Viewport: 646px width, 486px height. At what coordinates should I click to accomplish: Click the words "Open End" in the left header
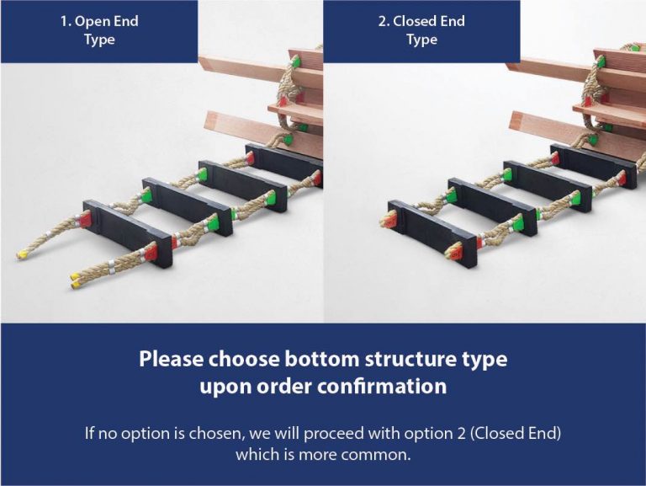(108, 21)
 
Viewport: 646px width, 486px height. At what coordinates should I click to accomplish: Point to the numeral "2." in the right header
(384, 21)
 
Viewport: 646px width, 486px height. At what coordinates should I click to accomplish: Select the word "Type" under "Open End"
(99, 40)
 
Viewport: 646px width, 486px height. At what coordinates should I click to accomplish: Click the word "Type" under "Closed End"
(421, 40)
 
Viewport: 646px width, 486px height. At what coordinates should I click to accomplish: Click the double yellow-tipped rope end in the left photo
(76, 275)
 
